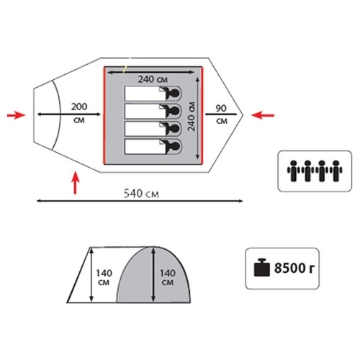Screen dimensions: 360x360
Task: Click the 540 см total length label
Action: [x=141, y=194]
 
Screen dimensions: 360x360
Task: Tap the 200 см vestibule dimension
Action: [x=79, y=113]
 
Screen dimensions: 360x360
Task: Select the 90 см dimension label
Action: [x=221, y=114]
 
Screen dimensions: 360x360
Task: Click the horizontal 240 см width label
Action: [x=153, y=79]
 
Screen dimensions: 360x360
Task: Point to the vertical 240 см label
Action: [x=192, y=117]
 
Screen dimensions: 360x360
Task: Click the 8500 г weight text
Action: [x=294, y=268]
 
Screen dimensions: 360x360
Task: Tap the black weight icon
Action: [x=261, y=267]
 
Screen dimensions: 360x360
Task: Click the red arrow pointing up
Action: [x=76, y=183]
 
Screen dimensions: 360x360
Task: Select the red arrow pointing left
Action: [x=263, y=115]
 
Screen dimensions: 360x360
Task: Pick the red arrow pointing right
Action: [x=16, y=115]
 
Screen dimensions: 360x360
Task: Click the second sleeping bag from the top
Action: [x=153, y=111]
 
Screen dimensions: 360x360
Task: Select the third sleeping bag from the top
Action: [x=153, y=129]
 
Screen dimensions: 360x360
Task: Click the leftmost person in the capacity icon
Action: [x=293, y=171]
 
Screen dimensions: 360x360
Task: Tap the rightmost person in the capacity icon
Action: [x=336, y=171]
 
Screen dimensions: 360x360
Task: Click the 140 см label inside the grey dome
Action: [x=168, y=277]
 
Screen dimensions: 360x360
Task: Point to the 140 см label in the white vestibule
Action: [x=104, y=277]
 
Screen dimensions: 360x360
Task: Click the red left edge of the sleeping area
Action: [x=104, y=116]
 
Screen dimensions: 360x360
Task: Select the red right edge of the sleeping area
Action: [x=202, y=116]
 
